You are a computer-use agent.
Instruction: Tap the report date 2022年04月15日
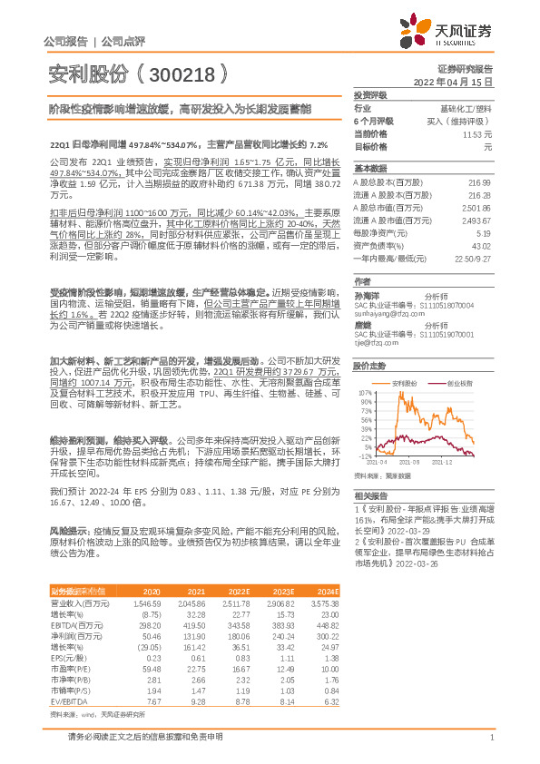(x=453, y=81)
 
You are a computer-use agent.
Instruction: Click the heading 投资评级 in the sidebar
(x=370, y=94)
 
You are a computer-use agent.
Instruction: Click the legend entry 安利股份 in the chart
(x=413, y=383)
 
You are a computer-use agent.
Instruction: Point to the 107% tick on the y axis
(x=366, y=393)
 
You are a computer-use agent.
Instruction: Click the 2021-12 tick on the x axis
(x=442, y=463)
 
